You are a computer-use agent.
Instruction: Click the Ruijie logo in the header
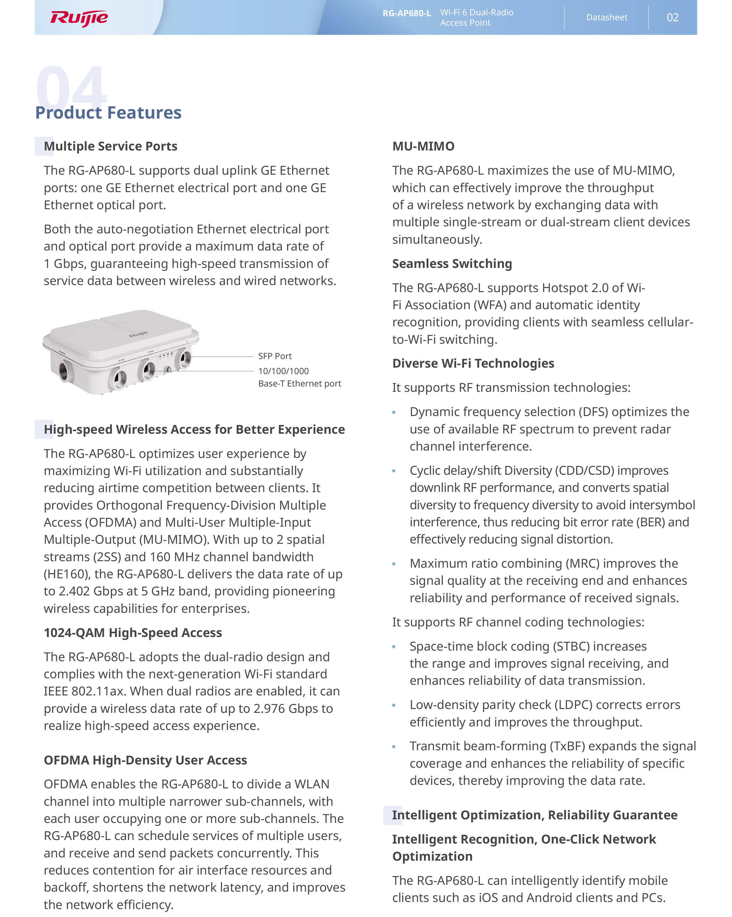(x=79, y=18)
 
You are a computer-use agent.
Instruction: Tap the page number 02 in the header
(x=672, y=17)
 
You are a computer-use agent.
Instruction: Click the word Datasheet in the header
(x=607, y=17)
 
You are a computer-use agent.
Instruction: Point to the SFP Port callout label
(x=274, y=356)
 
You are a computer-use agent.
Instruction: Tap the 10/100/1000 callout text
(x=283, y=371)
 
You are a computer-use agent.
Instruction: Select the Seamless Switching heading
(x=452, y=264)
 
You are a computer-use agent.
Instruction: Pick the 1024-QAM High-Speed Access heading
(x=133, y=633)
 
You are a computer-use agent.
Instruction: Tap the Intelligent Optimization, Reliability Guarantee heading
(x=535, y=815)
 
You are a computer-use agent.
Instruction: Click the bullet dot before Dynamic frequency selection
(x=394, y=412)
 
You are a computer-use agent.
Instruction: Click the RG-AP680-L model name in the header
(x=406, y=13)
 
